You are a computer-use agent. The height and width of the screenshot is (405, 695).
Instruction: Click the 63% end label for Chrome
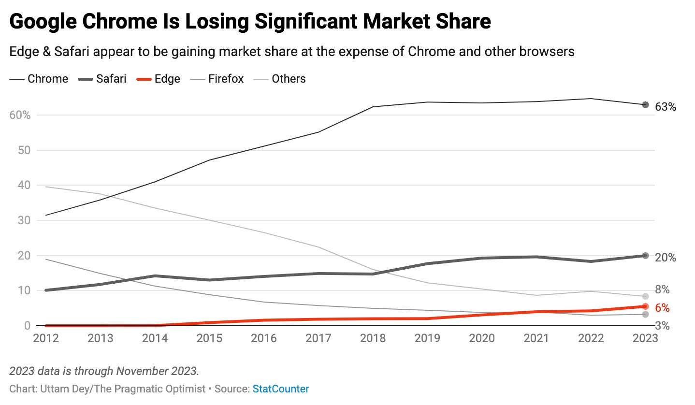click(665, 107)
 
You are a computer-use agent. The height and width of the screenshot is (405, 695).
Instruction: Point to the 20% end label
click(665, 258)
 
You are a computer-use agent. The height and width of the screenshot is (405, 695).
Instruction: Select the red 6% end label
click(662, 308)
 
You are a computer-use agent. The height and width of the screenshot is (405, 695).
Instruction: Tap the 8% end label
click(662, 289)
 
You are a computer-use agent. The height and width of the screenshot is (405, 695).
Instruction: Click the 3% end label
click(662, 326)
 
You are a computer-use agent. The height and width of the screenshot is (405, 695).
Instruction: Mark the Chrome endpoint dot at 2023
click(645, 104)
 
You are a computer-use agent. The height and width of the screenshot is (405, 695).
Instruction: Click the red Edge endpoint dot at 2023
click(645, 306)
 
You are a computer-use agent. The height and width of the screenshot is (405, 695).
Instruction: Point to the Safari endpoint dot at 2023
click(645, 256)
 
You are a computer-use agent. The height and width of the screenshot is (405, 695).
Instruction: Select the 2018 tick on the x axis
click(373, 338)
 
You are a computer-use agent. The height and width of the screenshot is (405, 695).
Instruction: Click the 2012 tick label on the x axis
click(45, 338)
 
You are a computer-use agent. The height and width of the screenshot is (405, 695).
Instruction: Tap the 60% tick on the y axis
click(19, 115)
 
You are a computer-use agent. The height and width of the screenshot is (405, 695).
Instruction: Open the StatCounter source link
click(281, 389)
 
